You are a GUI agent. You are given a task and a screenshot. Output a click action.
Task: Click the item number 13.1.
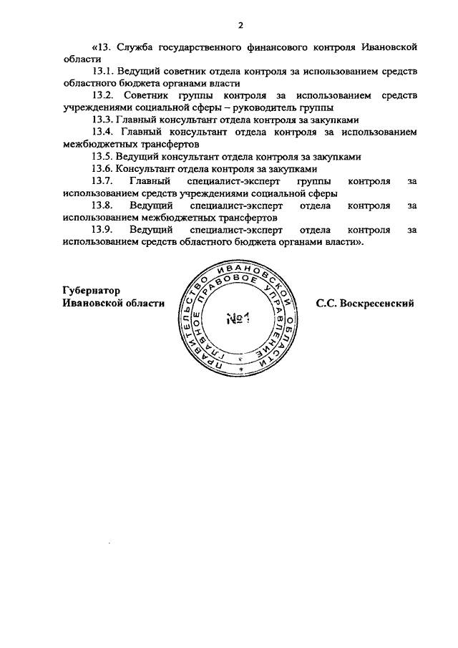[104, 72]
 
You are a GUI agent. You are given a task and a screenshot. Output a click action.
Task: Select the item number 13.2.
[104, 95]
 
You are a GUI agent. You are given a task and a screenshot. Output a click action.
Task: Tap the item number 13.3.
[104, 120]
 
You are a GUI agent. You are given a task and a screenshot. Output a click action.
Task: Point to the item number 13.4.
[104, 132]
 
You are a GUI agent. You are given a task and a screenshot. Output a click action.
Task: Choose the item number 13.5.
[104, 156]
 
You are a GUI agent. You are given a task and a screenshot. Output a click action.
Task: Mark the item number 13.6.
[104, 169]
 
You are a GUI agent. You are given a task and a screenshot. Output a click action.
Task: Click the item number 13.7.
[104, 181]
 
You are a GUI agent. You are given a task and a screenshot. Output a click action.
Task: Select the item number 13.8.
[104, 205]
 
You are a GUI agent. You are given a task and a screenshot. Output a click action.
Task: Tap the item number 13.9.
[104, 230]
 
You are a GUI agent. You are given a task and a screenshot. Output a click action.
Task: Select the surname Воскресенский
[380, 303]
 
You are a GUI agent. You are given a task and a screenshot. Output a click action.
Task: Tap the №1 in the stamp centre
[237, 319]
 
